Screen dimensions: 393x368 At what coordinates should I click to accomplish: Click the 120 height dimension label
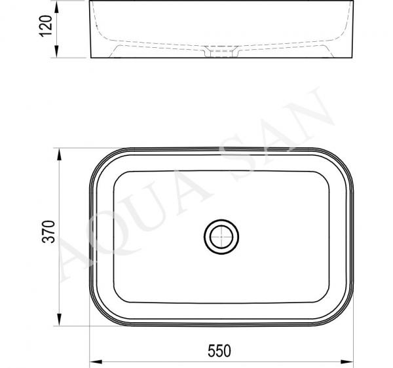[x=46, y=26]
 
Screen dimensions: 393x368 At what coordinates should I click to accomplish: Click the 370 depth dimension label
[x=48, y=232]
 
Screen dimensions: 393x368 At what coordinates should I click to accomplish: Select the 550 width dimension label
[x=219, y=351]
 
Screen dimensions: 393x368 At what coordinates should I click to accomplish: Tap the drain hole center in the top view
[x=221, y=237]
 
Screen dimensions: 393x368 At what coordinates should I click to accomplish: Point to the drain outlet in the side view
[x=221, y=52]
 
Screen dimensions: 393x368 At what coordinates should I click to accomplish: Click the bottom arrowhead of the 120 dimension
[x=56, y=52]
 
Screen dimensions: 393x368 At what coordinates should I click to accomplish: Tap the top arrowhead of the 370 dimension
[x=59, y=155]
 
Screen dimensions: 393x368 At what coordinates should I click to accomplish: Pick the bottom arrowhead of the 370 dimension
[x=59, y=320]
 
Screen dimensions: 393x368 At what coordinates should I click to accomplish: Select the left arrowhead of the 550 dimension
[x=96, y=361]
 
